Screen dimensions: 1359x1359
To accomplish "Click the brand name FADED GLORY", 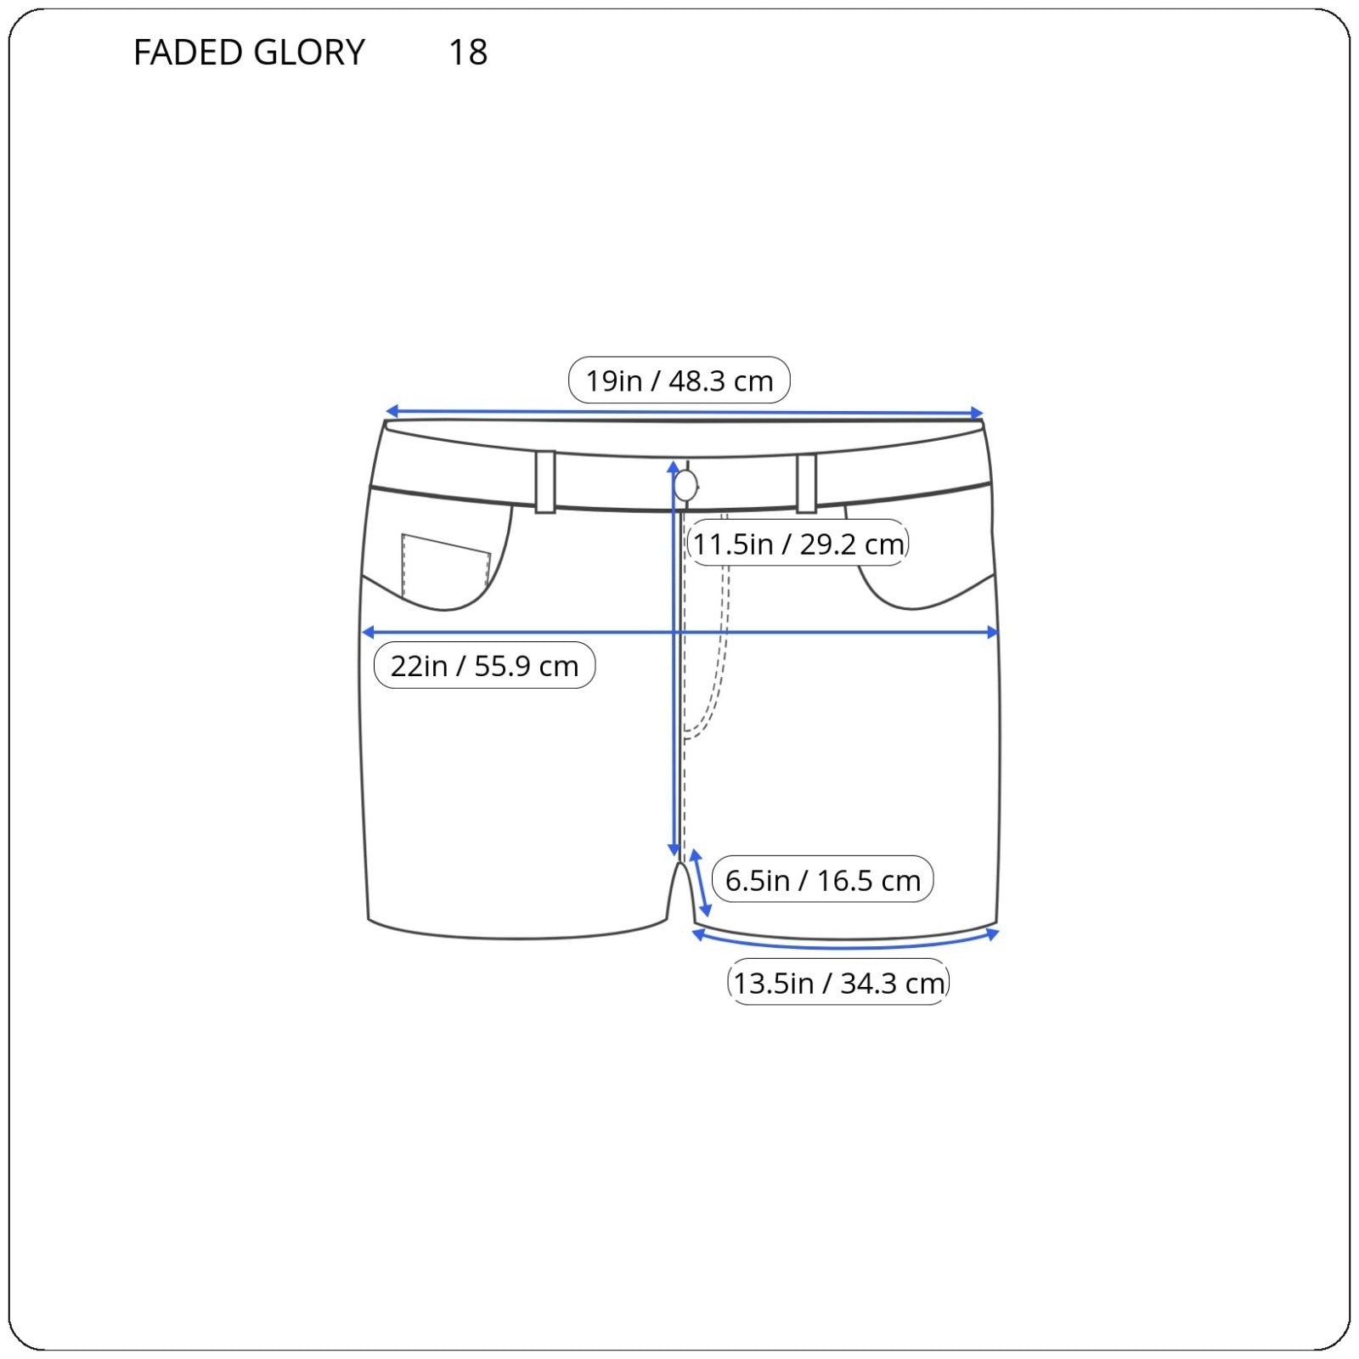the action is pos(249,53).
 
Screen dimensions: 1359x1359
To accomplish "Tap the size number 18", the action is pos(468,53).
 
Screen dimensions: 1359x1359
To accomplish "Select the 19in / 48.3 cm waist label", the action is pos(679,381).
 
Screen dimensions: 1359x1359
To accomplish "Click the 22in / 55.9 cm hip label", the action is pos(484,665).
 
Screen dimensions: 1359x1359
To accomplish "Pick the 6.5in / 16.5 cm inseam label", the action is pos(822,880).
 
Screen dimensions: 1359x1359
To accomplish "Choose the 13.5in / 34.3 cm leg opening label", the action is pos(838,983).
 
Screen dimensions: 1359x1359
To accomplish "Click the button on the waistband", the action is pos(686,486).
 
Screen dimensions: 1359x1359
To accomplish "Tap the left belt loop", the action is pos(545,482).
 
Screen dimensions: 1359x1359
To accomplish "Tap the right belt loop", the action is pos(806,483).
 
